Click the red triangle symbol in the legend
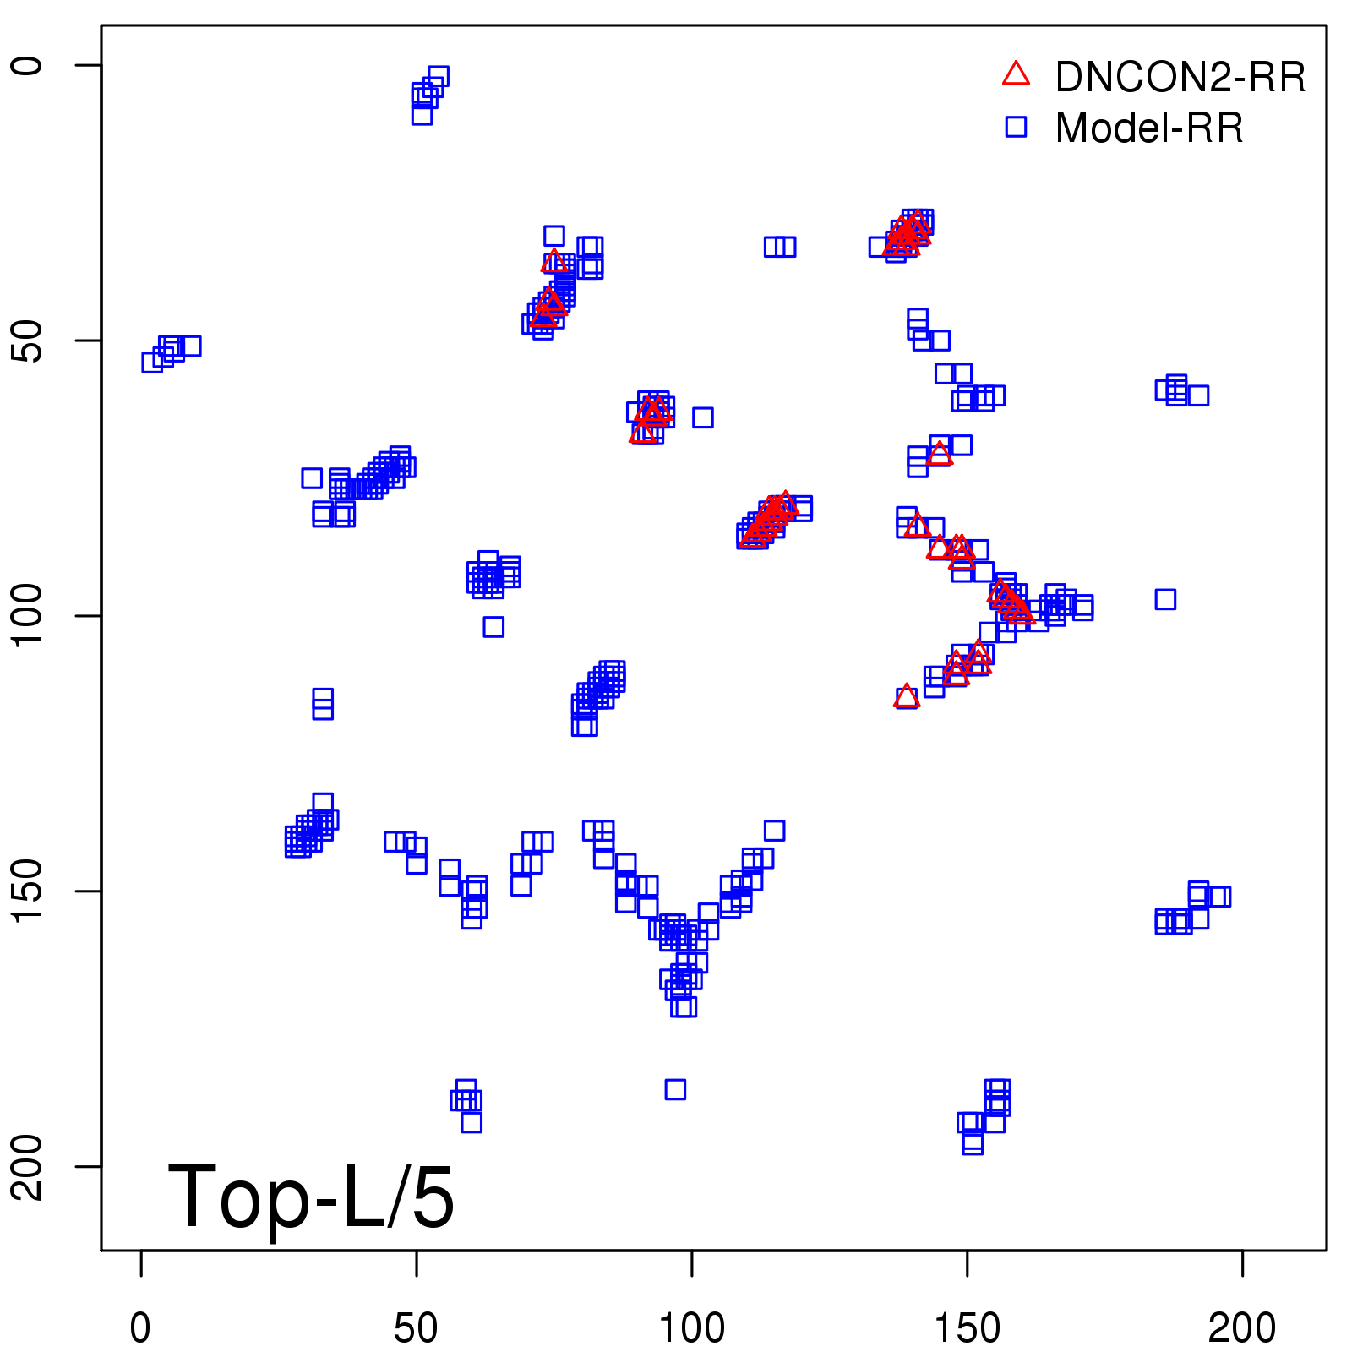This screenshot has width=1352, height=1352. click(1016, 74)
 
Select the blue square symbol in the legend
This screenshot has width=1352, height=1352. click(1016, 127)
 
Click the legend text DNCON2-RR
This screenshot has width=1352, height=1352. click(1180, 78)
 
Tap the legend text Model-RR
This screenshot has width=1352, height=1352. click(1149, 128)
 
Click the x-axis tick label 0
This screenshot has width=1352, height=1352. click(140, 1327)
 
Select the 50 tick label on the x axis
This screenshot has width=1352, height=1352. click(416, 1327)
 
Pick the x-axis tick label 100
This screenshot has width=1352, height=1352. click(692, 1327)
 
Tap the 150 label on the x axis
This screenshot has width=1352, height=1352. click(968, 1327)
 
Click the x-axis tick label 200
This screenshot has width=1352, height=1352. click(1242, 1327)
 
